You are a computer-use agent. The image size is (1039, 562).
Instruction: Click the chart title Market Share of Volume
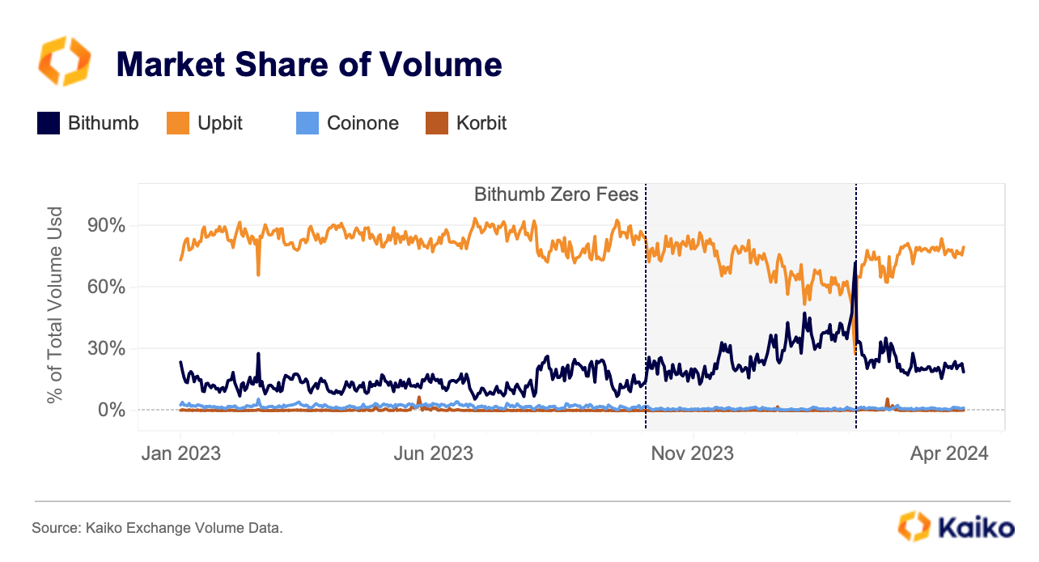(309, 64)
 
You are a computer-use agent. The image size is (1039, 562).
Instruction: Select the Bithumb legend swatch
(48, 124)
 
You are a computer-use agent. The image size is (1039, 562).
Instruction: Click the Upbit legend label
(220, 124)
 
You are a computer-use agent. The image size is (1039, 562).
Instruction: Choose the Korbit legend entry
(481, 124)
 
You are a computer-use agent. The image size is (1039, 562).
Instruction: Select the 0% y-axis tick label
(110, 410)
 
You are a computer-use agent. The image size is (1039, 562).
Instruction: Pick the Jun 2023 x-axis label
(435, 453)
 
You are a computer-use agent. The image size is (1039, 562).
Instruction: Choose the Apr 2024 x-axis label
(948, 453)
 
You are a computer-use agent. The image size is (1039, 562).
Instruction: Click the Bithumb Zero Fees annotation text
(556, 194)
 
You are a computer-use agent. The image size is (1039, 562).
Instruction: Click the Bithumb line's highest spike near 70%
(855, 263)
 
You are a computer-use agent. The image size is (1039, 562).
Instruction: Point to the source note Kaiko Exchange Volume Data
(157, 528)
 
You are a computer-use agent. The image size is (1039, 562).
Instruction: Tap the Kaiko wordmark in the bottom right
(975, 526)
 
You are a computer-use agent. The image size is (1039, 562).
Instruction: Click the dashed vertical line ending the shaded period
(856, 324)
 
